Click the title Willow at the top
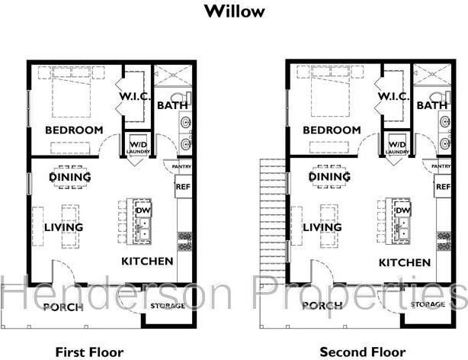point(234,11)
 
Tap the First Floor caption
point(89,352)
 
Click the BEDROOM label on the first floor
point(74,130)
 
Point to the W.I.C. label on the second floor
point(393,97)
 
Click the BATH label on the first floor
point(172,105)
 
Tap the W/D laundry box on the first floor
point(138,146)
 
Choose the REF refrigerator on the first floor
point(183,186)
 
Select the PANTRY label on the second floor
point(441,166)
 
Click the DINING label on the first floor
point(70,178)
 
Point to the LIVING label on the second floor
point(322,227)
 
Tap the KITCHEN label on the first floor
point(148,262)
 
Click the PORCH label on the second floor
point(322,307)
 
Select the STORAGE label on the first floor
point(168,305)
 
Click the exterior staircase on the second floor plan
point(273,221)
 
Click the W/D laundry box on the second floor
point(396,146)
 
